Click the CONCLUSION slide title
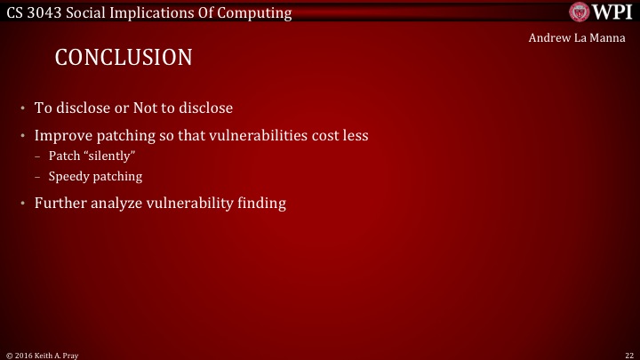(x=124, y=58)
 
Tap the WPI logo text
(x=611, y=12)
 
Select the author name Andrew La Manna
(x=583, y=37)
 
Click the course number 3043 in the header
(x=42, y=12)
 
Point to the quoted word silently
(x=108, y=156)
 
